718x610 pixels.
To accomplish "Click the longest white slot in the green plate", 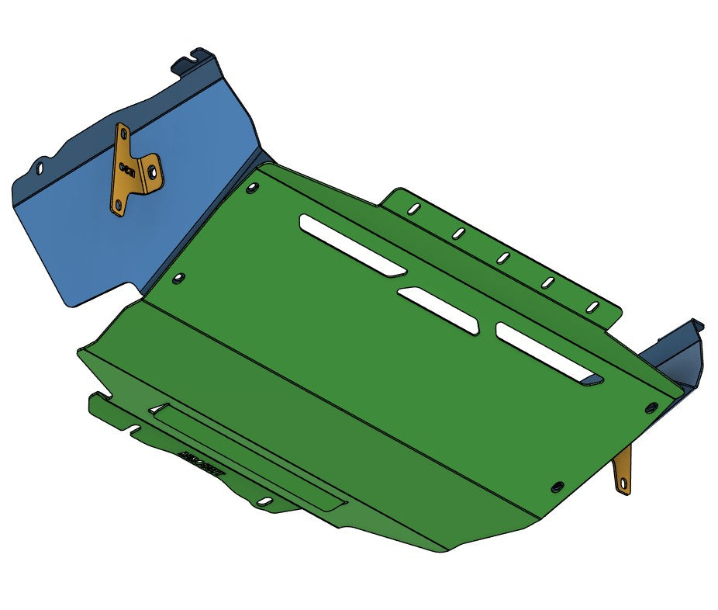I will point(352,244).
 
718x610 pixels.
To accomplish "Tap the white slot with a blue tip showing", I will point(549,353).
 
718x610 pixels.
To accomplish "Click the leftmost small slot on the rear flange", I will point(414,209).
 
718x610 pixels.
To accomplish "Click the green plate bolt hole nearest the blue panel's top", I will point(252,186).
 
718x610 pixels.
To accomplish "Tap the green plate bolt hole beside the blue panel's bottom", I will point(179,276).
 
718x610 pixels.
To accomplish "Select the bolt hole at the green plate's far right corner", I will point(650,406).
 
